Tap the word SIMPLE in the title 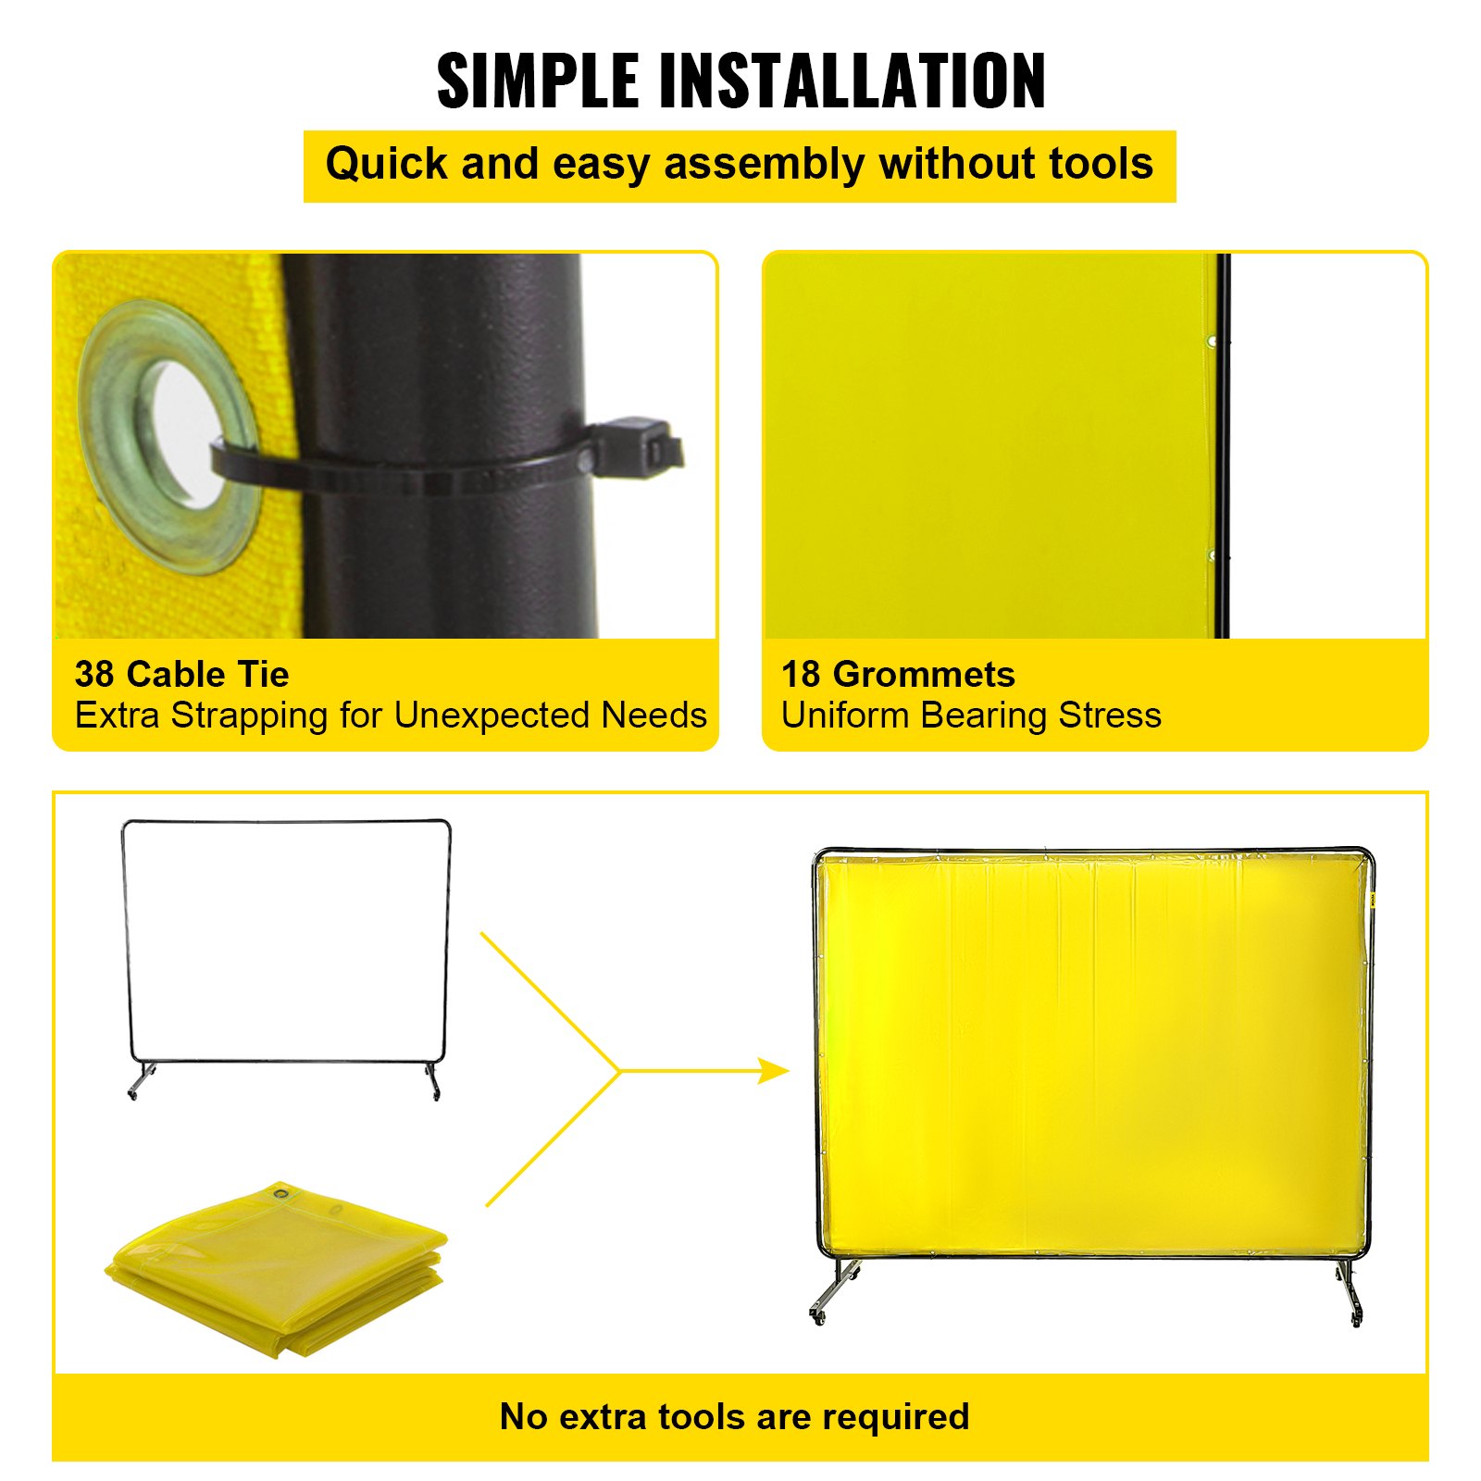point(538,81)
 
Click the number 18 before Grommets point(801,675)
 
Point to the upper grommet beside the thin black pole point(1212,342)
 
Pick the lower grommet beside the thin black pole point(1212,555)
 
